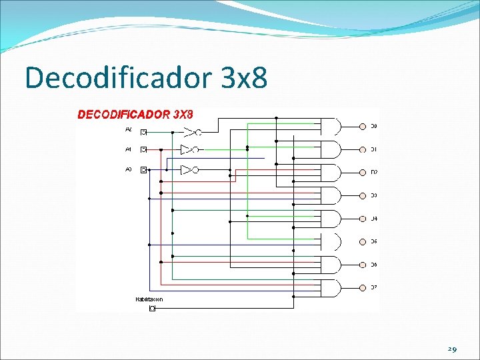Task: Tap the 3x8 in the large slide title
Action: pyautogui.click(x=243, y=78)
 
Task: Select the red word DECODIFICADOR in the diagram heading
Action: pyautogui.click(x=124, y=114)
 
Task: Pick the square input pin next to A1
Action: pyautogui.click(x=143, y=149)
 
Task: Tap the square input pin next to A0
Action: pyautogui.click(x=143, y=170)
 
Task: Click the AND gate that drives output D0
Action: pyautogui.click(x=331, y=126)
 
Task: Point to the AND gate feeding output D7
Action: pyautogui.click(x=331, y=288)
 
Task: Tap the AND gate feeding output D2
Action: pyautogui.click(x=331, y=172)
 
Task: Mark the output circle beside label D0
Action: pyautogui.click(x=363, y=126)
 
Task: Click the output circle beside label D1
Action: pyautogui.click(x=363, y=149)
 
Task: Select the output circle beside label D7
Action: pyautogui.click(x=363, y=288)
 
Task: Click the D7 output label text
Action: pyautogui.click(x=374, y=288)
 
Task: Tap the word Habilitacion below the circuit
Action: pyautogui.click(x=149, y=299)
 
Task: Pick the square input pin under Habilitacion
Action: pyautogui.click(x=152, y=309)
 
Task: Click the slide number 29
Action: pyautogui.click(x=452, y=349)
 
